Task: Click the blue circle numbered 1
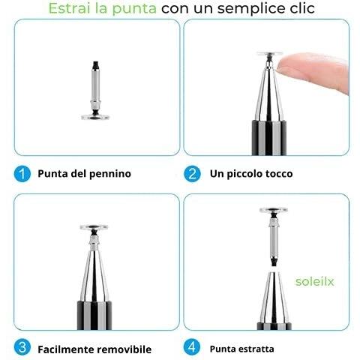pyautogui.click(x=22, y=173)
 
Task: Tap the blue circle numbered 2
pyautogui.click(x=192, y=173)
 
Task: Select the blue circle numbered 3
pyautogui.click(x=22, y=347)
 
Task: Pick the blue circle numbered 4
pyautogui.click(x=192, y=347)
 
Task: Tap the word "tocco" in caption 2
pyautogui.click(x=279, y=174)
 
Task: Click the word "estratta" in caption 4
pyautogui.click(x=257, y=349)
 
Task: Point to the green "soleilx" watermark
pyautogui.click(x=314, y=281)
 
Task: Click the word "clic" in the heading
pyautogui.click(x=303, y=8)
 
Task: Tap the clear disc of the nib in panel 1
pyautogui.click(x=95, y=117)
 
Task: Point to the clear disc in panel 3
pyautogui.click(x=94, y=227)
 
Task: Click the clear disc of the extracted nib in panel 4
pyautogui.click(x=274, y=210)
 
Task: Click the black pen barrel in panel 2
pyautogui.click(x=268, y=138)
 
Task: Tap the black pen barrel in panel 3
pyautogui.click(x=94, y=315)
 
